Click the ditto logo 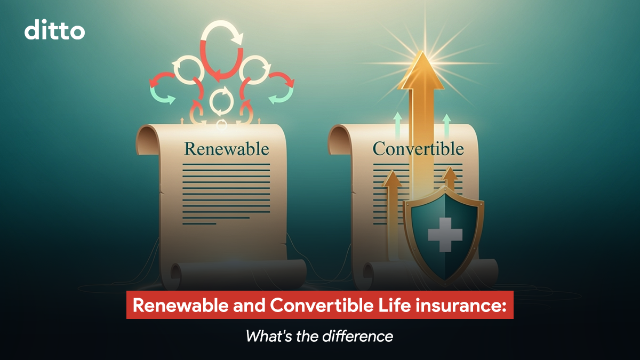[54, 29]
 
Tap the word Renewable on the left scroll [227, 149]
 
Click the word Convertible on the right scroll [418, 149]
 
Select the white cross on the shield [445, 235]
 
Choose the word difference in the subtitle [358, 336]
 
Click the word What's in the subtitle [269, 337]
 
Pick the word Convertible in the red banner [322, 305]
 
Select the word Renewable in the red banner [181, 305]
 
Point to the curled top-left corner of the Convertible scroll [339, 140]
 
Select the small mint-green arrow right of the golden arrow [446, 126]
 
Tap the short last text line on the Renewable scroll [199, 223]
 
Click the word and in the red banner [249, 305]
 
